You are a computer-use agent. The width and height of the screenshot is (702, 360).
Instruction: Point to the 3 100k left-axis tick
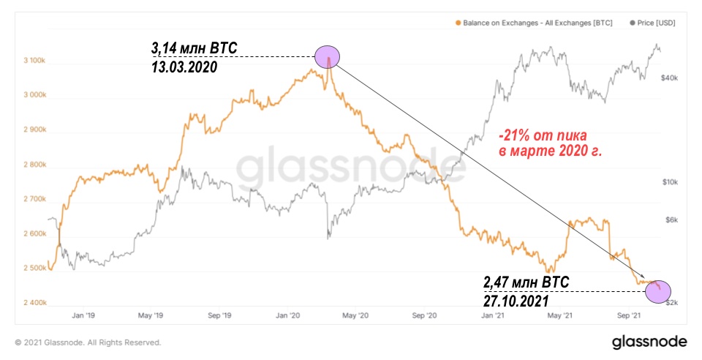pyautogui.click(x=36, y=61)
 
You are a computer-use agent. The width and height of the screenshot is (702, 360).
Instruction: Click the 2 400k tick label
pyautogui.click(x=36, y=303)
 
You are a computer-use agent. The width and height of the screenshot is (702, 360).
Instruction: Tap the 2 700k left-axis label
pyautogui.click(x=36, y=199)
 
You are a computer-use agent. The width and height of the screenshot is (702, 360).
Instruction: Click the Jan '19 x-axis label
pyautogui.click(x=85, y=316)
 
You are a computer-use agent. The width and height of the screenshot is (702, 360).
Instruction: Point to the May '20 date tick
pyautogui.click(x=354, y=316)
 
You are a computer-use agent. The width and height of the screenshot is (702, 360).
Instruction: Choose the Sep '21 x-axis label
pyautogui.click(x=630, y=316)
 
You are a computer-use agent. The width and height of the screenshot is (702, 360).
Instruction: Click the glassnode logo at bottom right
pyautogui.click(x=649, y=342)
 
